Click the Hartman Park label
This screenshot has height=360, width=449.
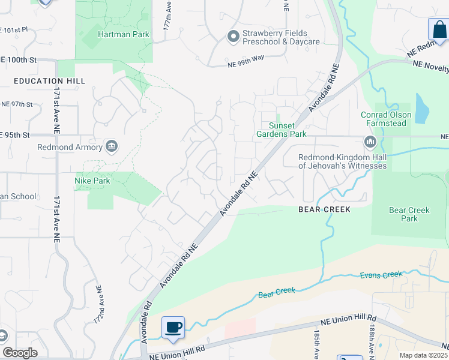pos(124,35)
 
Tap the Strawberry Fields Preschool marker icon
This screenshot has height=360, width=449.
pos(233,37)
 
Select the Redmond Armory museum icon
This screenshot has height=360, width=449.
pos(111,146)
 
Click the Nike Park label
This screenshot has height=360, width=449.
pos(92,180)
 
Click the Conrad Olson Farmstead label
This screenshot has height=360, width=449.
pos(386,119)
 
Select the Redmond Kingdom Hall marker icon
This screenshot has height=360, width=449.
pos(370,142)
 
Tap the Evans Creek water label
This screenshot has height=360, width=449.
pos(381,275)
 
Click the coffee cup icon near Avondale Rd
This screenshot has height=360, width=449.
pos(173,327)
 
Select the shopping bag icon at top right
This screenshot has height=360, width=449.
pos(438,29)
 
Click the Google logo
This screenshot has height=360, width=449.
pos(20,352)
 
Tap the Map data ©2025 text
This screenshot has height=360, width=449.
pos(423,355)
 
